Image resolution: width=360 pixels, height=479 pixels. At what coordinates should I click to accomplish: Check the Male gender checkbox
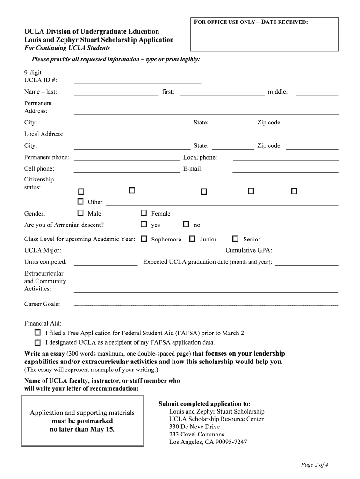(x=80, y=213)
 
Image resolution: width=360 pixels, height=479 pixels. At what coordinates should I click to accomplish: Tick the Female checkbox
(x=144, y=213)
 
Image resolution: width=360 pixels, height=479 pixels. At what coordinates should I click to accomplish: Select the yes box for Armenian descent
(x=144, y=224)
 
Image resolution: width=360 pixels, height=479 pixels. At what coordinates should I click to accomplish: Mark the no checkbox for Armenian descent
(x=186, y=224)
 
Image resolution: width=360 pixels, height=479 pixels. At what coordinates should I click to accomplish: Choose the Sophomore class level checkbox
(x=144, y=239)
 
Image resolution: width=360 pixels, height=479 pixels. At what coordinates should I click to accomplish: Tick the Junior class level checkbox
(x=192, y=239)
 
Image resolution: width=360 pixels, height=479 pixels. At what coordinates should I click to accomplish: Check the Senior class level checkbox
(x=235, y=239)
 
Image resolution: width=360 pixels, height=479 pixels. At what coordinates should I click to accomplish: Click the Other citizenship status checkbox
(x=80, y=202)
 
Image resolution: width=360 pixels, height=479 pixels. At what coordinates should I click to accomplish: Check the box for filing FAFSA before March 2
(x=37, y=333)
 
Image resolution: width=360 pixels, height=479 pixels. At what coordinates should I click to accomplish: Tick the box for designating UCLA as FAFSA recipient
(x=37, y=342)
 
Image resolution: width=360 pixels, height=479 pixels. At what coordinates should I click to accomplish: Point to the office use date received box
(x=264, y=34)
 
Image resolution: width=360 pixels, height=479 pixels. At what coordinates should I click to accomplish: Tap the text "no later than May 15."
(x=82, y=429)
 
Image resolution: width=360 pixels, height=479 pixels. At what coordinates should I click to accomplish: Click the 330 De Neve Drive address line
(x=194, y=427)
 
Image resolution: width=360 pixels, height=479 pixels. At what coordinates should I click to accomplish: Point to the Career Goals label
(x=42, y=304)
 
